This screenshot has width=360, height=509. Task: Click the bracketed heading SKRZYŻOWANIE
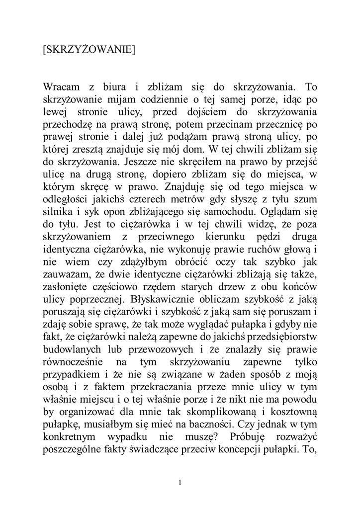click(x=90, y=50)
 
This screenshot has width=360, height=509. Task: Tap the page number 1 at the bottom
click(x=180, y=482)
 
